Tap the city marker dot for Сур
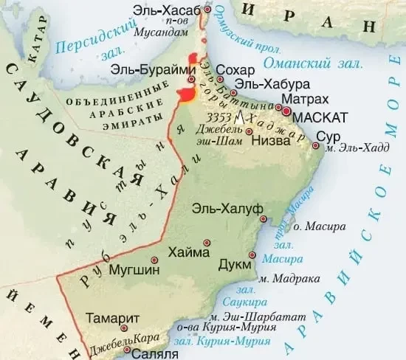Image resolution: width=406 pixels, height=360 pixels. (316, 147)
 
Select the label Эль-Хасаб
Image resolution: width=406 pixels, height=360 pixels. (168, 9)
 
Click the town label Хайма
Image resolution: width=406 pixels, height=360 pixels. (189, 252)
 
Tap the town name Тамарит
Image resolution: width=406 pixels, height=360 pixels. (111, 318)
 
